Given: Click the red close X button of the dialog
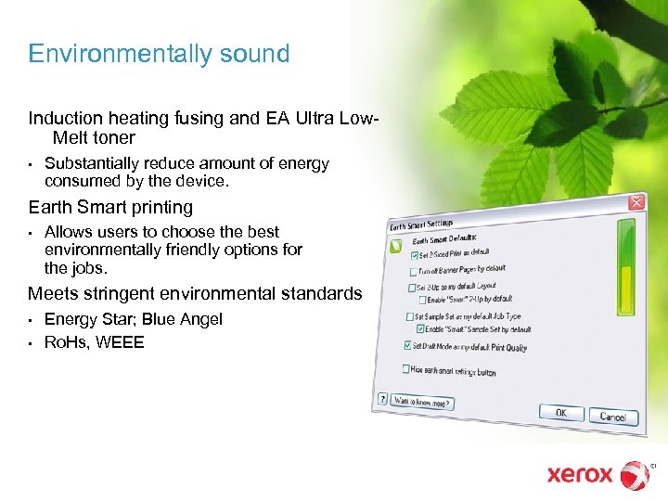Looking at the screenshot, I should click(x=636, y=202).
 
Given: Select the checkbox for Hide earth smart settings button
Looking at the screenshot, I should click(x=405, y=368).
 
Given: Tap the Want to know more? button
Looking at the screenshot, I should click(x=422, y=402).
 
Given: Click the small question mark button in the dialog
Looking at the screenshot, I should click(x=382, y=399).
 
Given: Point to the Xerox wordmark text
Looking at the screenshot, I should click(x=580, y=475).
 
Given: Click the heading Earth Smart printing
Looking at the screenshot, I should click(x=110, y=207).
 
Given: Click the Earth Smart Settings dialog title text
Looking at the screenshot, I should click(x=423, y=225).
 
